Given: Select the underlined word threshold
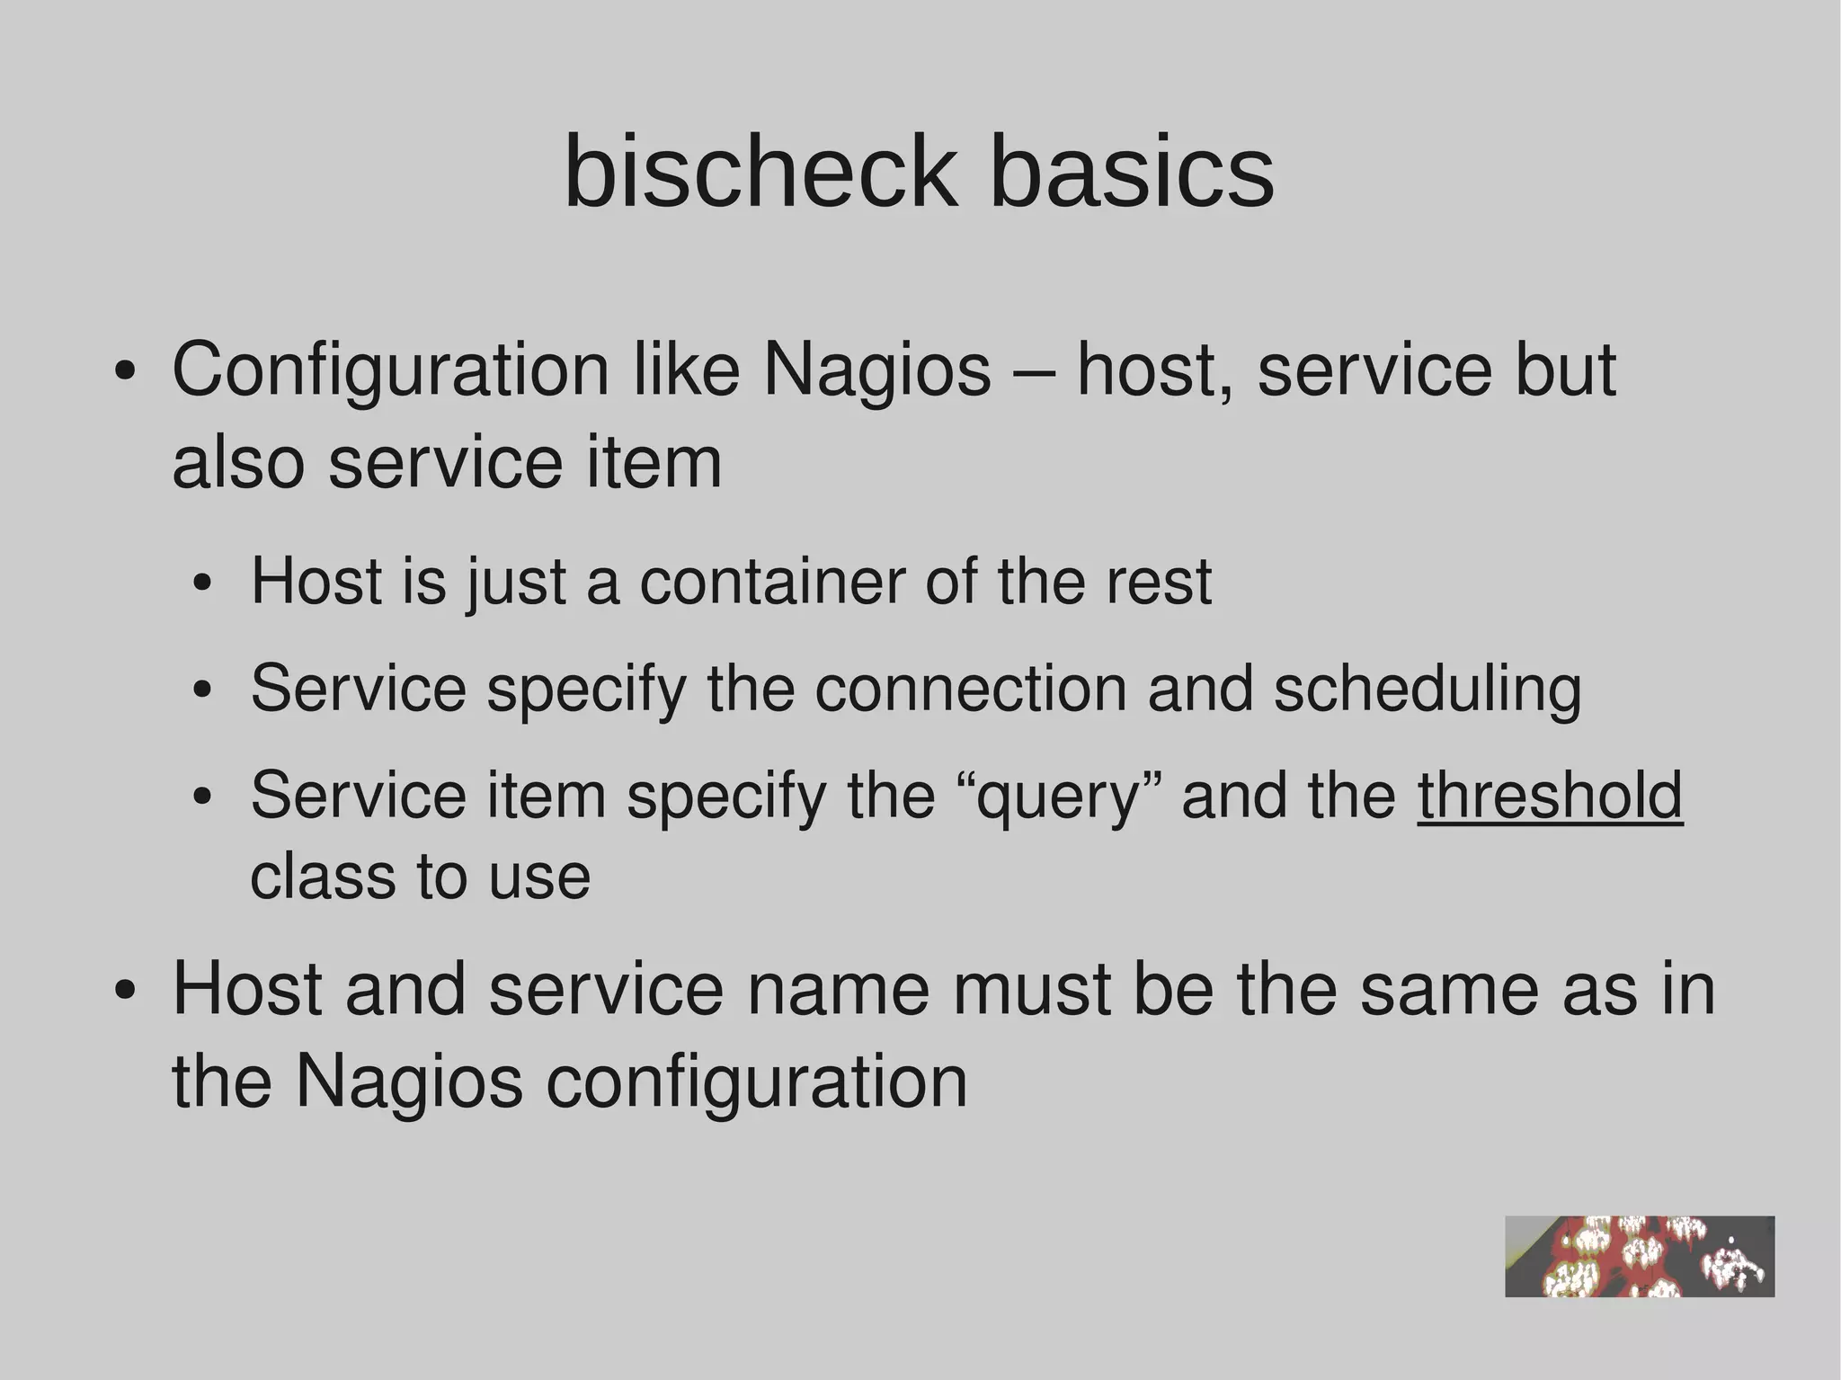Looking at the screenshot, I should click(x=1550, y=795).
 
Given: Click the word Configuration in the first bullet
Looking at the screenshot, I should click(x=390, y=370).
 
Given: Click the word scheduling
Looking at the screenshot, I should click(x=1427, y=690).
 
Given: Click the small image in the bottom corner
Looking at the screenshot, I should click(x=1639, y=1256).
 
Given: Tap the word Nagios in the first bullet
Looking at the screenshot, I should click(x=876, y=370).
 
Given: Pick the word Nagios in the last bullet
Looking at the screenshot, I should click(x=409, y=1082).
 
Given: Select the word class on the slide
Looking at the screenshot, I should click(x=322, y=877).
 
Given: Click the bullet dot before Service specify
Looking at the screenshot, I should click(x=203, y=691).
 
